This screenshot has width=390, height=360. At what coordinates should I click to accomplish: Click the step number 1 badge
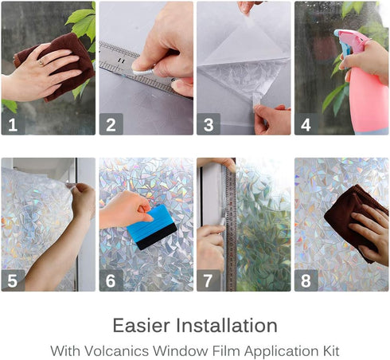coord(12,123)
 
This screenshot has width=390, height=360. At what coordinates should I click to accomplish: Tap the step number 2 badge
coord(110,123)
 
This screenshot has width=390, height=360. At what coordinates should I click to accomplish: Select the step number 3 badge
coord(208,123)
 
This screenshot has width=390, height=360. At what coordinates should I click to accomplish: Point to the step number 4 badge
coord(306,123)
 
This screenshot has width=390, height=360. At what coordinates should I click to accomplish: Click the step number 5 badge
coord(12,280)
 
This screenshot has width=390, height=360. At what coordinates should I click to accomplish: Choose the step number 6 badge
coord(110,280)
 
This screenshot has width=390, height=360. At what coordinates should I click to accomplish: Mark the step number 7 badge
coord(208,280)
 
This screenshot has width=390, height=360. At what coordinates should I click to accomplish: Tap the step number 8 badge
coord(306,280)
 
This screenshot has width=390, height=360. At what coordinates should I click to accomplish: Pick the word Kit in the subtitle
coord(330,349)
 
